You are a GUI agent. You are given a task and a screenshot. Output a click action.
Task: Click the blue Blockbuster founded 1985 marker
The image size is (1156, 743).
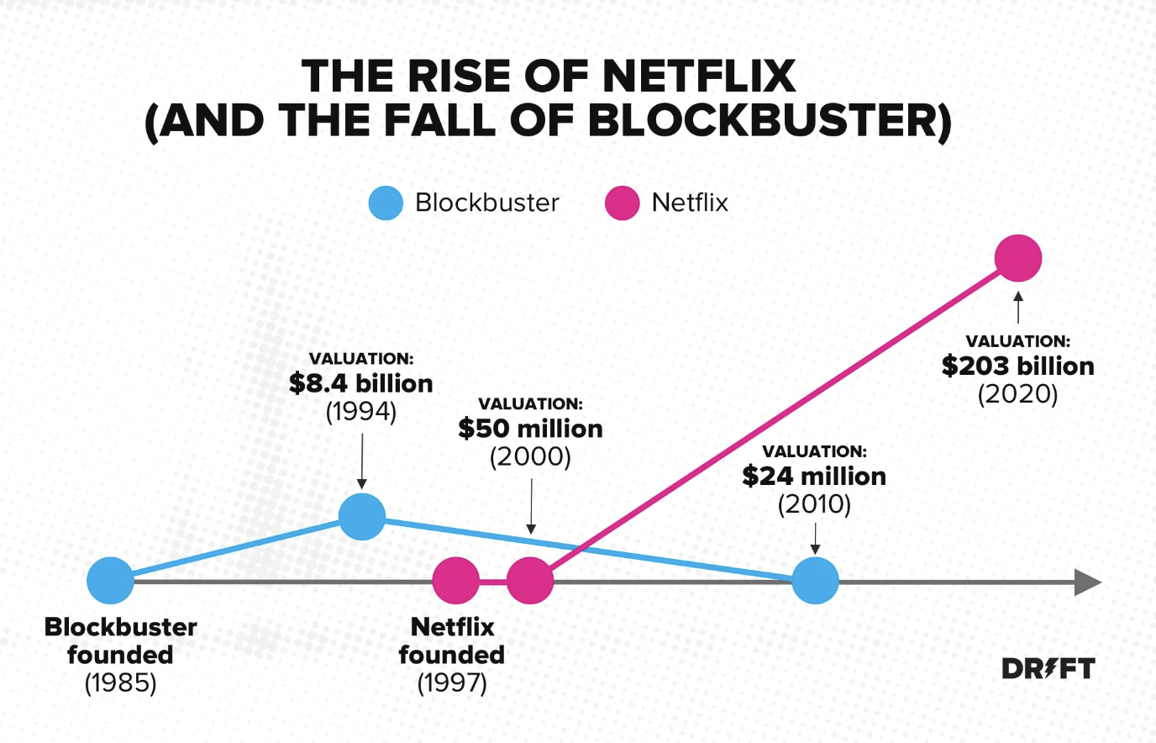pos(111,580)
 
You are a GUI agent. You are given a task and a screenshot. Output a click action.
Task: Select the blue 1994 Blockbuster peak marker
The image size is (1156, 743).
pos(362,517)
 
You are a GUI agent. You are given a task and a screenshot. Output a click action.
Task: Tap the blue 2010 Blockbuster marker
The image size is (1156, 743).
pos(815,580)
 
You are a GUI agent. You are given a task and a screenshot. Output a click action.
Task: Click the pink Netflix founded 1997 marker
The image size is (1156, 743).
pos(455,580)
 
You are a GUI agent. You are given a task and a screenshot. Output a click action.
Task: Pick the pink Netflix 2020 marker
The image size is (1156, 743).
pos(1018,258)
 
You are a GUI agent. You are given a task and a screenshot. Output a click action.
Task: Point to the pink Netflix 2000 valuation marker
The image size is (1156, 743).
pos(530,580)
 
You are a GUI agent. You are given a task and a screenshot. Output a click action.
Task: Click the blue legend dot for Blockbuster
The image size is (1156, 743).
pos(386,203)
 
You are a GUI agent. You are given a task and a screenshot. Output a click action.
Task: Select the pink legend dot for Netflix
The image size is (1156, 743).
pos(623,203)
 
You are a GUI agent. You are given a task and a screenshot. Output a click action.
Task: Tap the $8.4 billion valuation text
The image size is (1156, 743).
pos(361,383)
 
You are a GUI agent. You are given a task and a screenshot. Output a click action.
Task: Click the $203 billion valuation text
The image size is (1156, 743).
pos(1018,366)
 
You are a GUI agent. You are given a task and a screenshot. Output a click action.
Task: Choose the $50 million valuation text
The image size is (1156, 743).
pos(530,429)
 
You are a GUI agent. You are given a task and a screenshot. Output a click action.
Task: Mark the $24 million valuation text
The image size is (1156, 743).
pos(814,477)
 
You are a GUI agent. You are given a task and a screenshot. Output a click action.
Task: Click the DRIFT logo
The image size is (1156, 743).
pos(1048,669)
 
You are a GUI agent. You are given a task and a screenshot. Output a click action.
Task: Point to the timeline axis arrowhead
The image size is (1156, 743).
pos(1087,582)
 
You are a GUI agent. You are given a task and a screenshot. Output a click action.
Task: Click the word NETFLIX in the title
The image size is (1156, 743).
pos(699,76)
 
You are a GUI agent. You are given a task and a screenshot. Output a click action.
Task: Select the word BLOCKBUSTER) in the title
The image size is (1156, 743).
pos(770,121)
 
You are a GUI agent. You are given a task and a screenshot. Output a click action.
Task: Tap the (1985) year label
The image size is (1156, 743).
pos(121,682)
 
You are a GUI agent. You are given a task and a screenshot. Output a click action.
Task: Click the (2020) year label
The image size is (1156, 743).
pos(1018,394)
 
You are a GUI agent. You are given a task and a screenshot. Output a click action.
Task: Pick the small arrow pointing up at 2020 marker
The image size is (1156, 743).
pos(1018,307)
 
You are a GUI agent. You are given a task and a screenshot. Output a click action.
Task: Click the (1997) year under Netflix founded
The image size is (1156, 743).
pos(452,682)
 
